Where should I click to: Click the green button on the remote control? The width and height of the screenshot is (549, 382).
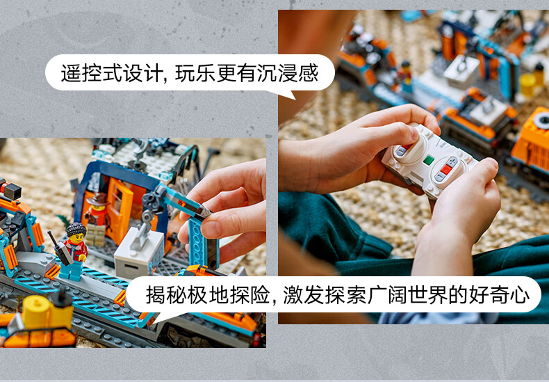coord(428,161)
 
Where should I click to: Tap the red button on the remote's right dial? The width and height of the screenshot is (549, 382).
coord(446,170)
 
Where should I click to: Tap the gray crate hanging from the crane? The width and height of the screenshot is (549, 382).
coord(139,253)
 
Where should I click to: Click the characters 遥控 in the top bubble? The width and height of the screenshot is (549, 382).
coord(81,73)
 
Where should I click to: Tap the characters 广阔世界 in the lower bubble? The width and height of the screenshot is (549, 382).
coord(408,295)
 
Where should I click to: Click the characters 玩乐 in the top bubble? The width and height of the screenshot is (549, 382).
coord(195,73)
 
